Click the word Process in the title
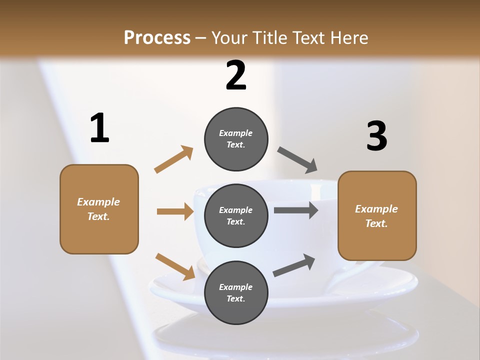(157, 38)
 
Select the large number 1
(99, 128)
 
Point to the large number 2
(236, 76)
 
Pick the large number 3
(376, 136)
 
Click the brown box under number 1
(99, 209)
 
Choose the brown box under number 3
(377, 215)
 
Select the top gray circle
(236, 139)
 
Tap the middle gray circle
(236, 215)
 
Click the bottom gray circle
(236, 292)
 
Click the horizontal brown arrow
(175, 211)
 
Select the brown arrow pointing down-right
(175, 266)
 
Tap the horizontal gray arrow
(296, 210)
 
